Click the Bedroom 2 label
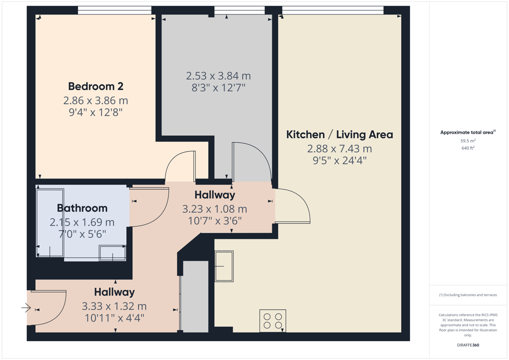point(96,87)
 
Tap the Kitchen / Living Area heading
point(339,134)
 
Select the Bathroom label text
point(82,208)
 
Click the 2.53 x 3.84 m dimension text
point(219,76)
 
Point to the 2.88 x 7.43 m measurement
point(339,149)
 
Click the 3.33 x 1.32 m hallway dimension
point(114,306)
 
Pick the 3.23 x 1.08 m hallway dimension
point(215,209)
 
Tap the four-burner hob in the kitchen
point(273,321)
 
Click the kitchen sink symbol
point(224,266)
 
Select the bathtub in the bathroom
point(50,223)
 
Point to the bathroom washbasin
point(113,253)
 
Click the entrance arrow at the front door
point(26,307)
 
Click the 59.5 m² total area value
point(468,141)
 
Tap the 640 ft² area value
point(468,148)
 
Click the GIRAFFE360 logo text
point(468,345)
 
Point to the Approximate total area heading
point(468,132)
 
